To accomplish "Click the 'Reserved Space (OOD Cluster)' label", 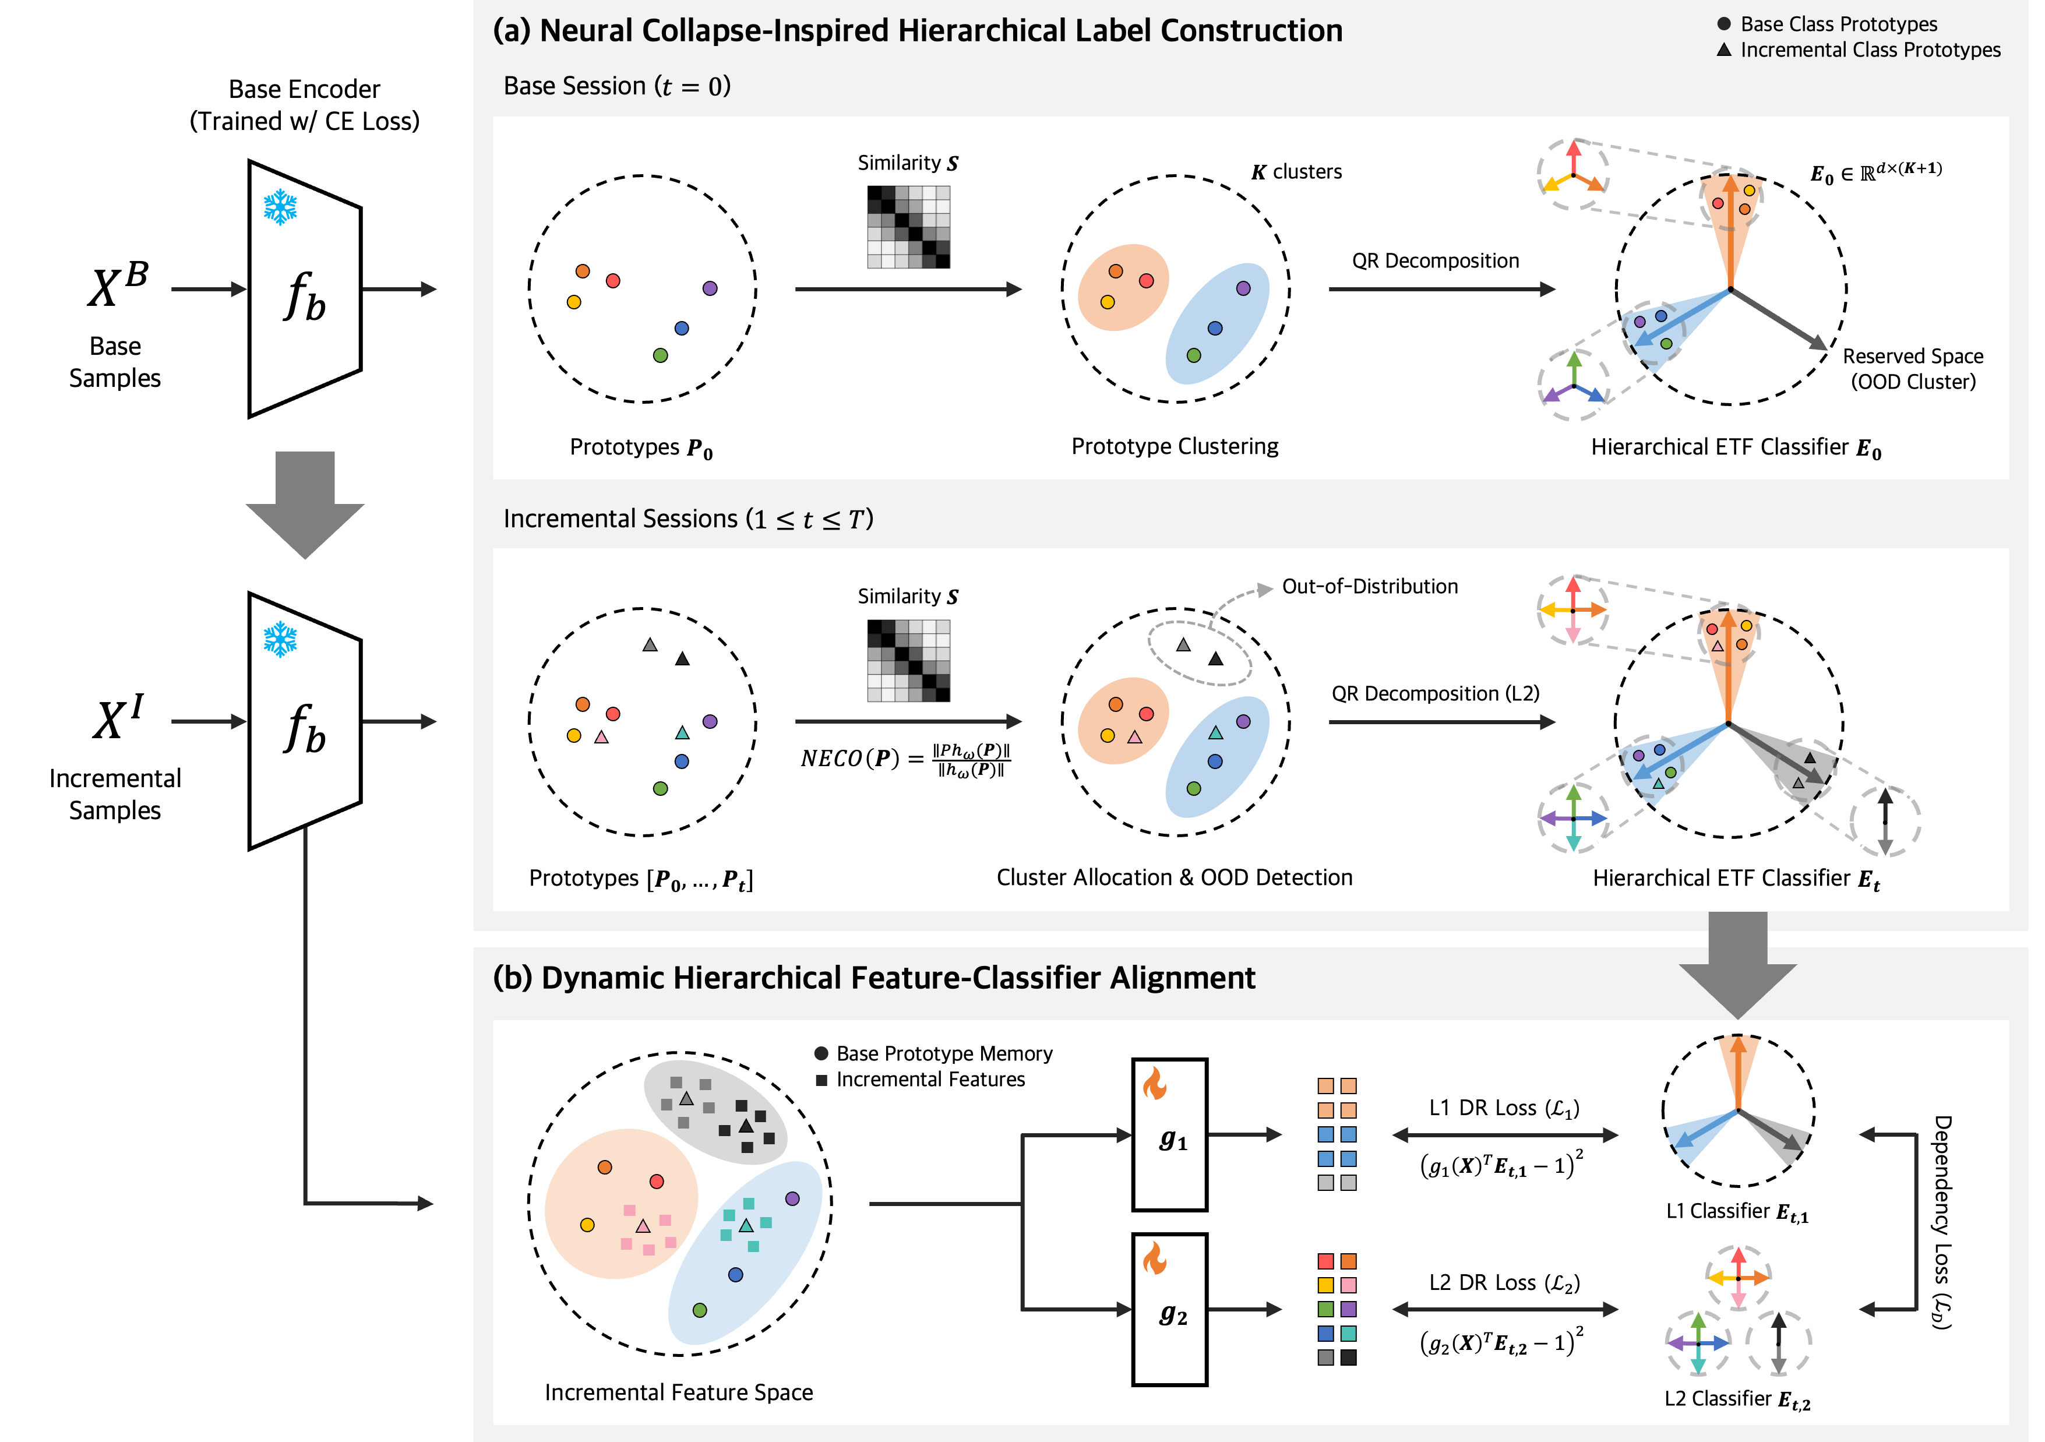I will click(x=1912, y=369).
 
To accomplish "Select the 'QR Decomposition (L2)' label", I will click(x=1435, y=694).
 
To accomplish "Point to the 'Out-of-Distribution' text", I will click(x=1369, y=586).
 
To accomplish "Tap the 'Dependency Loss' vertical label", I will click(x=1942, y=1222).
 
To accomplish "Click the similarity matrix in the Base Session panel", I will click(x=908, y=227).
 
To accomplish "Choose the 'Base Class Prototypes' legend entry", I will click(x=1838, y=24).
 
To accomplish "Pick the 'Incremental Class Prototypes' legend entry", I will click(x=1868, y=50).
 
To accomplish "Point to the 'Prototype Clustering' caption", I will click(x=1174, y=446).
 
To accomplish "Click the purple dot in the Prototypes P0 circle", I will click(x=710, y=288).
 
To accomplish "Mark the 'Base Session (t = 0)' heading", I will click(x=616, y=86).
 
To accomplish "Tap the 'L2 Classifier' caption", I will click(x=1737, y=1399).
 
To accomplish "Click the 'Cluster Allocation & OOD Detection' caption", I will click(x=1174, y=877).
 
